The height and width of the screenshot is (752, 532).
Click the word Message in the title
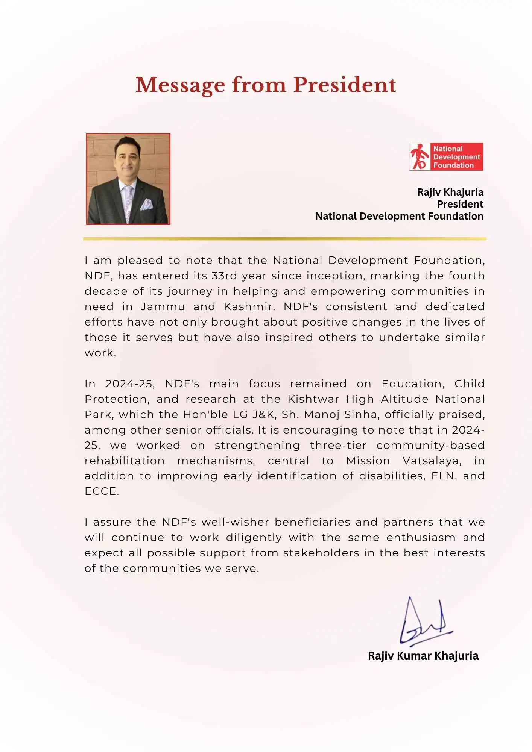(x=180, y=85)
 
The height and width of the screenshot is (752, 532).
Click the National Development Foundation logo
(x=446, y=156)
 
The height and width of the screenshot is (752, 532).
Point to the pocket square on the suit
(x=146, y=204)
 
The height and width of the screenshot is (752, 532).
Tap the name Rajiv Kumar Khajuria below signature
(x=423, y=656)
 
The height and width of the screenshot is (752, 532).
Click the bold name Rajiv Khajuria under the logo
(x=450, y=192)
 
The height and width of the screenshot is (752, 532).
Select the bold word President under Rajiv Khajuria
(x=460, y=204)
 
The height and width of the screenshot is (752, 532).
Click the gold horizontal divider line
(x=284, y=238)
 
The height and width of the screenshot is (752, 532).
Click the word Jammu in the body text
(x=163, y=306)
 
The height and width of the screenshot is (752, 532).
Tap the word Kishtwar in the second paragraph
(x=313, y=399)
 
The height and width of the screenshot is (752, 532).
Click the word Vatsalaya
(x=432, y=461)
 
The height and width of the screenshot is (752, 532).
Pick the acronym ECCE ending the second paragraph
(x=101, y=491)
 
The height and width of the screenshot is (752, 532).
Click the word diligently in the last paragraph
(x=254, y=538)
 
